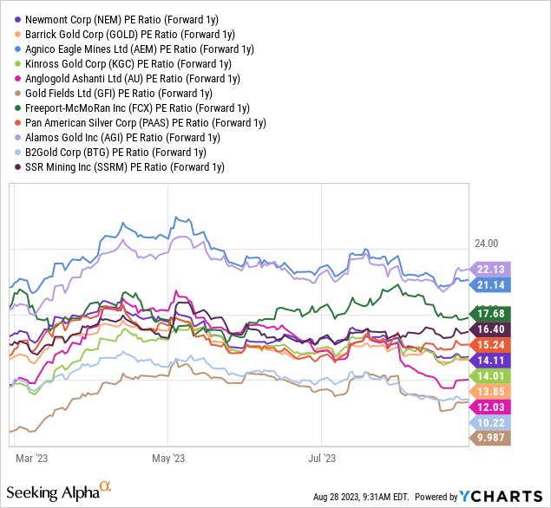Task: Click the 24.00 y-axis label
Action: (x=486, y=244)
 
